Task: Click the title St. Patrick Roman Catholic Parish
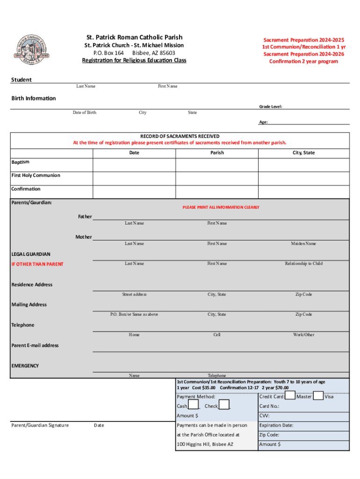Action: (134, 37)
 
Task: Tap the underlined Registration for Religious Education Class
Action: (134, 60)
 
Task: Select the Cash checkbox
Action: (194, 405)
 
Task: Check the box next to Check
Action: (224, 405)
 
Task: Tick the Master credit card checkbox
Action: (289, 396)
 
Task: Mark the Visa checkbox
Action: (318, 396)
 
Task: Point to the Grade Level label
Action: (271, 107)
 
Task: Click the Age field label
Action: (263, 122)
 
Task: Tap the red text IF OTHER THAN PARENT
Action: (37, 264)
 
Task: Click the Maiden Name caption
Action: (303, 244)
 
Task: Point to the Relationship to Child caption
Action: (303, 263)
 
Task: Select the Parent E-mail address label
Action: (35, 345)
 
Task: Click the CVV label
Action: (264, 415)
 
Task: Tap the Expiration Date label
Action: (276, 425)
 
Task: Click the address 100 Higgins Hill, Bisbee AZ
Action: (205, 444)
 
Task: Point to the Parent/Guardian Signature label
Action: (40, 425)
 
